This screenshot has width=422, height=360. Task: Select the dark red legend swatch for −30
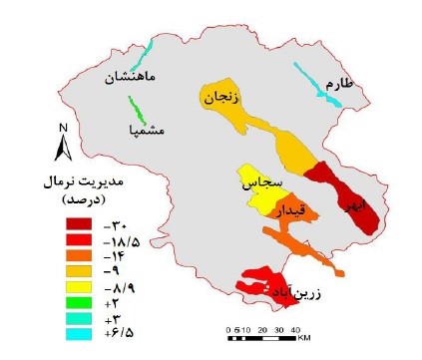pyautogui.click(x=80, y=226)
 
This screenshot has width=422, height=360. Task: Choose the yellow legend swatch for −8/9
pyautogui.click(x=80, y=287)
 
